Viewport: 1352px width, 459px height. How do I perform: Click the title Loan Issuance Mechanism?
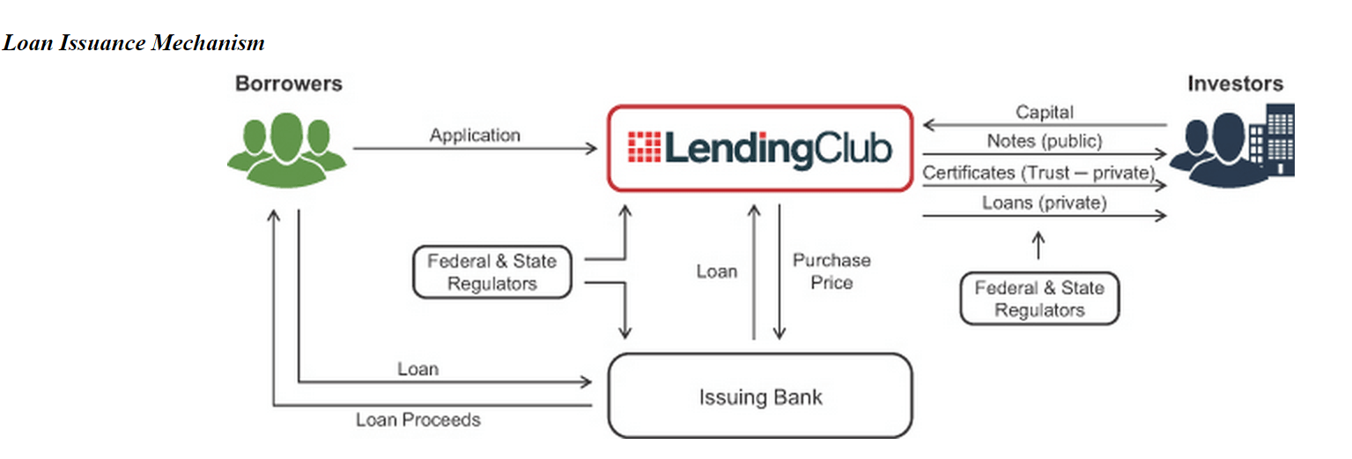point(134,42)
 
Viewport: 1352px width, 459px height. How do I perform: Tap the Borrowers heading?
point(288,84)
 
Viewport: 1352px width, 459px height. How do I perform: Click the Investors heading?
point(1235,84)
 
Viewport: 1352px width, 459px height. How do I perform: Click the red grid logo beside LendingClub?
point(644,148)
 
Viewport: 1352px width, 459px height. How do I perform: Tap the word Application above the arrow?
point(475,135)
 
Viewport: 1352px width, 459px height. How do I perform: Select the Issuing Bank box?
point(760,396)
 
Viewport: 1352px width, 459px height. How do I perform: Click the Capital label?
point(1045,112)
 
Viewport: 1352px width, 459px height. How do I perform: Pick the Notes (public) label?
point(1044,140)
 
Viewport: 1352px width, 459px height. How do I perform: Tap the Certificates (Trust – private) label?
point(1038,172)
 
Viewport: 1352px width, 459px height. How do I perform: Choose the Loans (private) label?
point(1044,203)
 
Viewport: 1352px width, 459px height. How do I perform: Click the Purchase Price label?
point(831,271)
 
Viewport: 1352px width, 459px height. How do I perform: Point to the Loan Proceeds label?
point(418,419)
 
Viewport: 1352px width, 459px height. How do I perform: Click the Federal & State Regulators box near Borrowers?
point(492,272)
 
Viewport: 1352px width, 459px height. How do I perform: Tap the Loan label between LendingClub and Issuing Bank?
point(717,271)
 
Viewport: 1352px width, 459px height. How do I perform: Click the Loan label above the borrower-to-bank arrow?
point(417,368)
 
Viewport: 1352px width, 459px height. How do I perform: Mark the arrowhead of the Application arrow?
point(593,149)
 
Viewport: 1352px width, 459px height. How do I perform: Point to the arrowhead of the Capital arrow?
point(927,126)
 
